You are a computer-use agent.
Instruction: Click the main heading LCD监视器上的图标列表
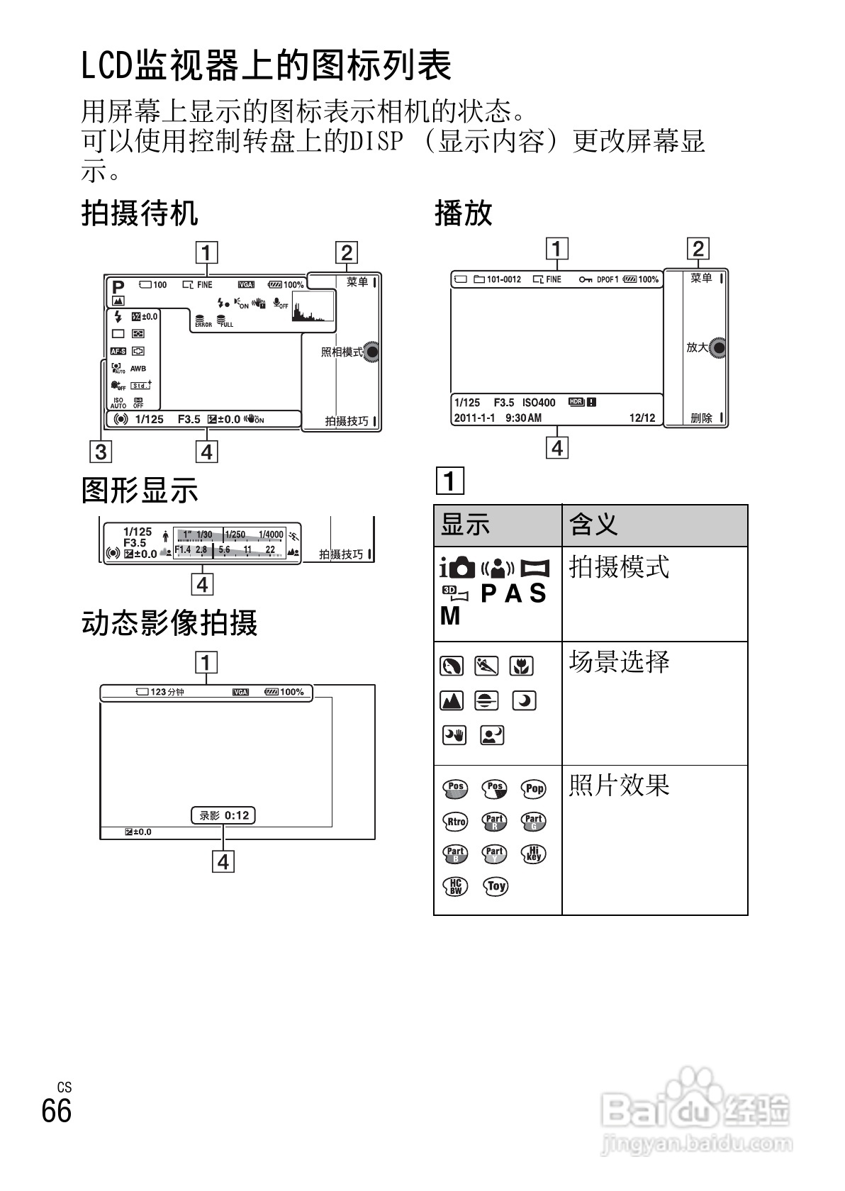pos(267,67)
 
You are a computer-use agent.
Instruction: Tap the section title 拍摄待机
pos(140,213)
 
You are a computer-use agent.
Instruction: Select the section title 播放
pos(463,213)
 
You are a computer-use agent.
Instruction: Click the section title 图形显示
pos(140,490)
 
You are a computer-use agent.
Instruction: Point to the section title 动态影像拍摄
pos(169,622)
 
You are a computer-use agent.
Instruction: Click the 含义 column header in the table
pos(594,525)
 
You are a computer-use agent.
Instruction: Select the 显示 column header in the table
pos(466,525)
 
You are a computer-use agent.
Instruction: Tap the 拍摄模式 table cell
pos(619,567)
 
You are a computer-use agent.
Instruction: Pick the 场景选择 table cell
pos(619,662)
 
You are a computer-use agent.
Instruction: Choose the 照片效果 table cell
pos(619,785)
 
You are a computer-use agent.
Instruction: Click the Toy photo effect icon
pos(496,886)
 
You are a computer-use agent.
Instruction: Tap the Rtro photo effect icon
pos(456,822)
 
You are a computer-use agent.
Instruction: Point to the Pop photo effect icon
pos(534,789)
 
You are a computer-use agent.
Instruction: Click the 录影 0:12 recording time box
pos(223,815)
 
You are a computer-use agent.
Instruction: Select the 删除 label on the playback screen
pos(702,418)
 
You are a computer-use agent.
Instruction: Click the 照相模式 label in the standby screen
pos(342,352)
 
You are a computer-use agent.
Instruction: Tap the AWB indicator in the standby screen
pos(138,368)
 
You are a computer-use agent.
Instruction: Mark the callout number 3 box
pos(101,451)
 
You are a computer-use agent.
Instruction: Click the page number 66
pos(57,1110)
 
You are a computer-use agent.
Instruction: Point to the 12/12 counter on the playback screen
pos(642,418)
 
